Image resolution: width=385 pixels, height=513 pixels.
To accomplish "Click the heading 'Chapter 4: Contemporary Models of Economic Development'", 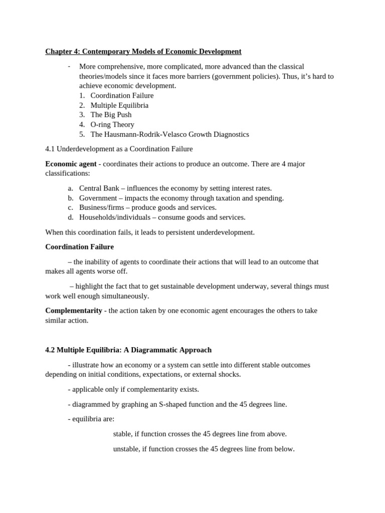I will pos(143,52).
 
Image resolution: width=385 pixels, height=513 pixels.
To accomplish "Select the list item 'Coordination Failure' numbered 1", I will pos(122,95).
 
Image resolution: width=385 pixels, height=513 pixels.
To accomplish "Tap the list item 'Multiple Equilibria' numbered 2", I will pos(119,105).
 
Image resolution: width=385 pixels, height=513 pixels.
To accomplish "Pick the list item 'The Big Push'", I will pos(111,115).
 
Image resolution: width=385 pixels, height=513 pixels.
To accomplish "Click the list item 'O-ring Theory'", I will pos(112,124).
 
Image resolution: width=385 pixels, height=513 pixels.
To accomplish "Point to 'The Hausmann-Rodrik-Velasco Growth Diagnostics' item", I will pos(169,134).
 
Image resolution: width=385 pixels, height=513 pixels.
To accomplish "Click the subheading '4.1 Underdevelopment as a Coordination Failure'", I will pos(119,149).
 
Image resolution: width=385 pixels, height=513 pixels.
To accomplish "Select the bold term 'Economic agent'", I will pos(71,164).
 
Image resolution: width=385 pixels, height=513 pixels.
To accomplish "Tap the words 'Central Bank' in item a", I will pos(99,188).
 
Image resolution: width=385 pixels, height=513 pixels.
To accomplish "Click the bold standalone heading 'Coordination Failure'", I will pos(79,246).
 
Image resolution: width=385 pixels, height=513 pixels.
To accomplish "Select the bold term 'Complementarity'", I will pos(74,311).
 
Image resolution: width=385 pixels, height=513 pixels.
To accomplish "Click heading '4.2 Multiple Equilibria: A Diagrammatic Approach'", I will pos(128,350).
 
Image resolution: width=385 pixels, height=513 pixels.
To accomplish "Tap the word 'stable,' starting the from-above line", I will pos(123,434).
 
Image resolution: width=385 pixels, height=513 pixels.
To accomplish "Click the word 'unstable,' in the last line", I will pos(127,449).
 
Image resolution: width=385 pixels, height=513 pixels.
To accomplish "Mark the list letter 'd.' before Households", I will pos(71,217).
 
